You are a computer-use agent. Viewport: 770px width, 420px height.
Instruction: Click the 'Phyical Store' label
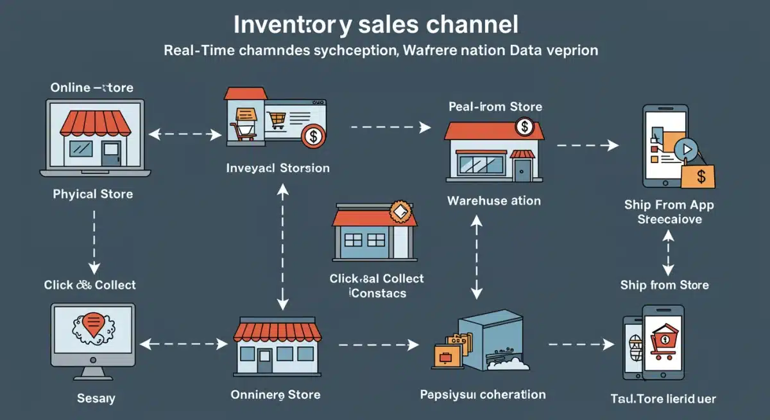(93, 193)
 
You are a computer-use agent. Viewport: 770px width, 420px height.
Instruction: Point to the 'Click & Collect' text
(90, 284)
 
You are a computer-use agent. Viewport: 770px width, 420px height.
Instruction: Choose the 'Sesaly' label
(96, 399)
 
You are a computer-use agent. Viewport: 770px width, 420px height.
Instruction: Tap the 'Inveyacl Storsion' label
(278, 168)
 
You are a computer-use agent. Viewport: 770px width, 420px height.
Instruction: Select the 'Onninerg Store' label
(275, 394)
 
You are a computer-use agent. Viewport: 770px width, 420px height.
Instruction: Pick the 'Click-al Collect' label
(377, 279)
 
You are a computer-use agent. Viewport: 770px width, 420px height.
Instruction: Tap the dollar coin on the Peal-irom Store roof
(525, 127)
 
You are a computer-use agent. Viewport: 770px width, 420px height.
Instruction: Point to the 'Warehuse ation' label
(493, 200)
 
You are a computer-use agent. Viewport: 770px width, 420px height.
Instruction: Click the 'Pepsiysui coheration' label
(483, 394)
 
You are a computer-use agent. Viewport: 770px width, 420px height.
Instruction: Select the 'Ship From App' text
(669, 206)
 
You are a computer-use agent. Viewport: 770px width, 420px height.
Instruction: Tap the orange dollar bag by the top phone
(697, 175)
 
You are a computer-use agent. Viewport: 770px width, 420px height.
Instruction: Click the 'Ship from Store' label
(664, 284)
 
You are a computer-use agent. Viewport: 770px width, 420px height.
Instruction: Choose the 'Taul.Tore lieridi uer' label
(663, 399)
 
